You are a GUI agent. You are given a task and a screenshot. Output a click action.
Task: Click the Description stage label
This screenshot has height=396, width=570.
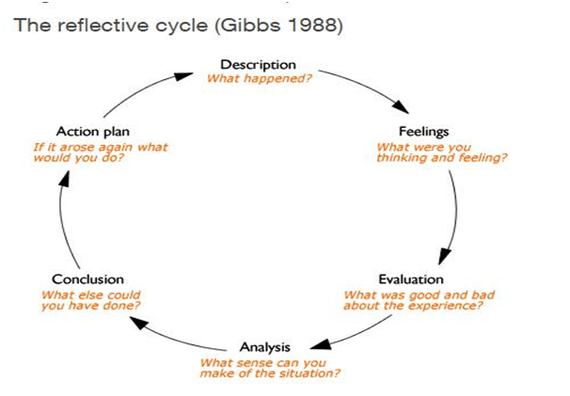pos(258,65)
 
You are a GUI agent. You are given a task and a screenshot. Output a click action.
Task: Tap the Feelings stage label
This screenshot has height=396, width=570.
pos(424,132)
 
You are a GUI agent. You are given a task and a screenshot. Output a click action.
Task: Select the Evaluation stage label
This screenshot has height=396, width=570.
pos(411,279)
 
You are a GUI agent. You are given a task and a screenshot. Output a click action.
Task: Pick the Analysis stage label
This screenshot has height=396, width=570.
pos(265,347)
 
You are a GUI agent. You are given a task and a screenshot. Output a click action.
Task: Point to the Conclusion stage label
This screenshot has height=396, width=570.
pos(88,279)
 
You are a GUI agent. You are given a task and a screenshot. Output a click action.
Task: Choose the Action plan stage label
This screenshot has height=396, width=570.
pos(93,132)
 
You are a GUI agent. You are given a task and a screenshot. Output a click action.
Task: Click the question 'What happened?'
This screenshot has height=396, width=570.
pos(260,79)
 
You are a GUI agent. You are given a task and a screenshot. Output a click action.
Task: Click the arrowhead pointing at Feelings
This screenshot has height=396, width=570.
pos(401,106)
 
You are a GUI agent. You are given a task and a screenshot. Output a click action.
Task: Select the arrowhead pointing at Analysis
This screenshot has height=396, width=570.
pos(321,344)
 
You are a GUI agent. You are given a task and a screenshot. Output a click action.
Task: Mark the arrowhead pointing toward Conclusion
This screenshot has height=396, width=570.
pos(139,323)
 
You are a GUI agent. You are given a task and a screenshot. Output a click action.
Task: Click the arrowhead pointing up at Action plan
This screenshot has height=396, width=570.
pos(64,180)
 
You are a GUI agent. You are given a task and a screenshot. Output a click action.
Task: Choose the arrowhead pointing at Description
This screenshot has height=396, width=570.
pos(183,76)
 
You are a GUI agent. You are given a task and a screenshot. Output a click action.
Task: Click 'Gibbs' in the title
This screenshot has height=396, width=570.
pos(250,25)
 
